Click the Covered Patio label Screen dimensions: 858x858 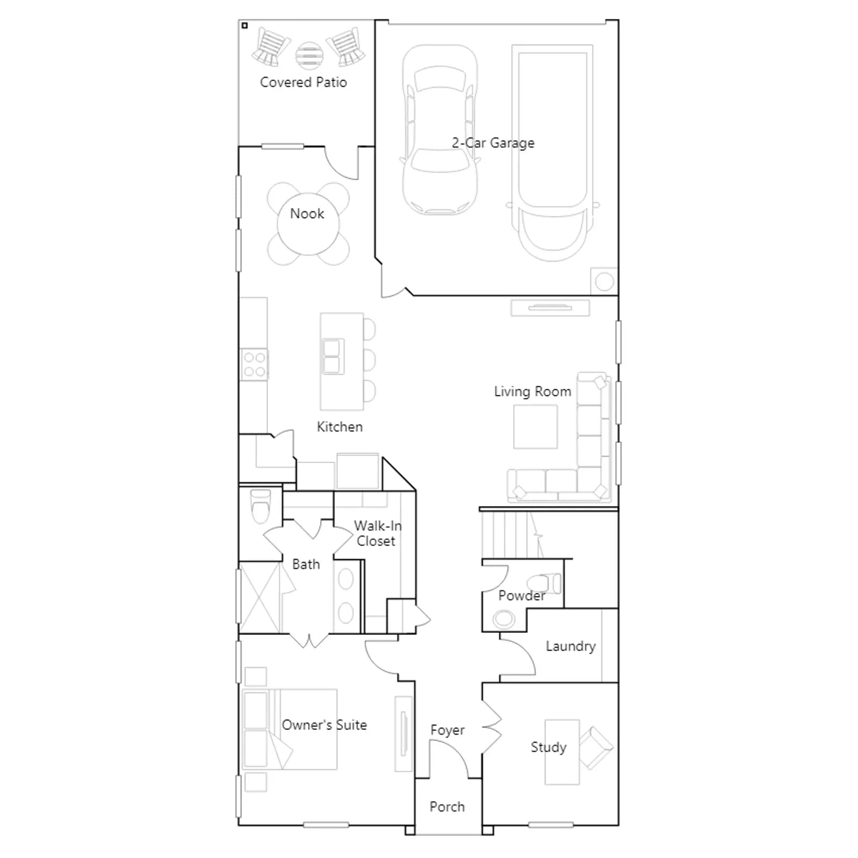(x=304, y=82)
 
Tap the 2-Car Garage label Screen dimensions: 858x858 (x=493, y=143)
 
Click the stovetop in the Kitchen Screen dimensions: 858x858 (x=254, y=365)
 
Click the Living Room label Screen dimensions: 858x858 (x=532, y=392)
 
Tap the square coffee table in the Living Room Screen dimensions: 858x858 (x=535, y=426)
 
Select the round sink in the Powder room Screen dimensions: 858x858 (x=504, y=618)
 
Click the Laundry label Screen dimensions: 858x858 (x=571, y=646)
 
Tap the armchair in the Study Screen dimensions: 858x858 (x=595, y=748)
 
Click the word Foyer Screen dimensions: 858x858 (x=447, y=730)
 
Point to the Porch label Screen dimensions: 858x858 (x=447, y=807)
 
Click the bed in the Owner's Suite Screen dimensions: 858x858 (x=290, y=729)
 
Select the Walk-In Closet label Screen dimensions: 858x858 (x=377, y=534)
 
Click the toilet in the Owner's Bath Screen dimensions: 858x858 (x=261, y=506)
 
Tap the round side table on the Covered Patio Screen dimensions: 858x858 (x=309, y=55)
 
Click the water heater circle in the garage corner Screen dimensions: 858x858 (x=604, y=282)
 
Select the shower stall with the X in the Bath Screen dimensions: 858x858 (x=260, y=597)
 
